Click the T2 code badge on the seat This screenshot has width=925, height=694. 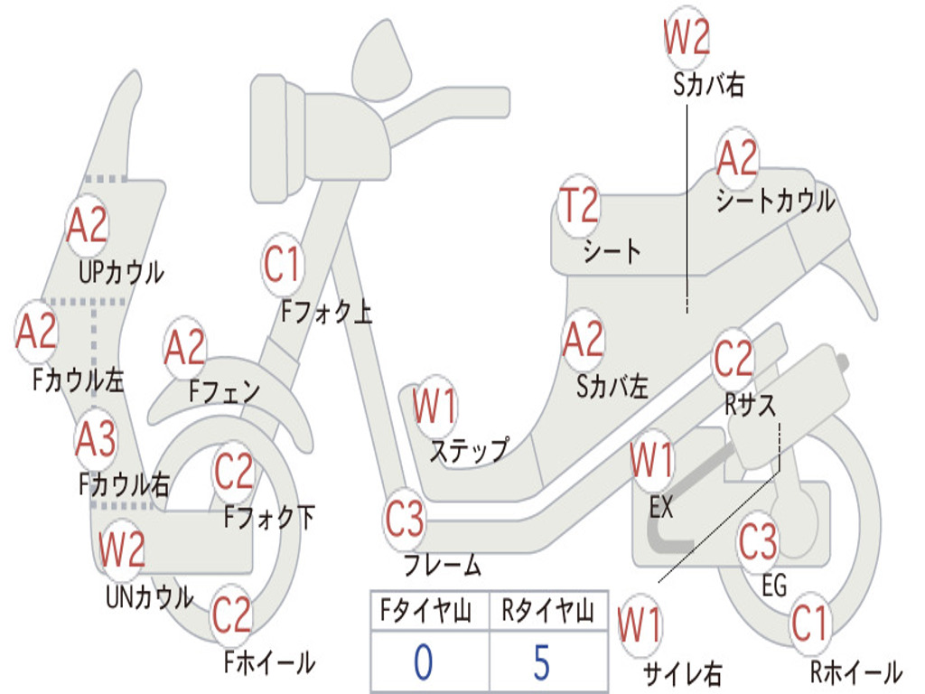click(x=579, y=205)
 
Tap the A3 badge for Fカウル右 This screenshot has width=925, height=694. click(x=96, y=439)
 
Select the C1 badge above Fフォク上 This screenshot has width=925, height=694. click(x=283, y=265)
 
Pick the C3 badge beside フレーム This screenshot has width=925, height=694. click(x=405, y=519)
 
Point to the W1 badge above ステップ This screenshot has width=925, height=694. click(x=434, y=407)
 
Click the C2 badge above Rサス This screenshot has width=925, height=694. click(x=733, y=358)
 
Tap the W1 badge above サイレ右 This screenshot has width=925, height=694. click(x=640, y=625)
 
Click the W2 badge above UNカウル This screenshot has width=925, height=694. click(x=122, y=549)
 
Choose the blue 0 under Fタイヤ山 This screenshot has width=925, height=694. click(x=424, y=661)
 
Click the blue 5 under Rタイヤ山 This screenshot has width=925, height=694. click(x=542, y=661)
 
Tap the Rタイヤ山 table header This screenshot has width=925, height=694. click(x=547, y=611)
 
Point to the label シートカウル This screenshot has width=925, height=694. click(x=776, y=201)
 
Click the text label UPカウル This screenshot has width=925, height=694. click(x=122, y=273)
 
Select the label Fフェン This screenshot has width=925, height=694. click(x=224, y=390)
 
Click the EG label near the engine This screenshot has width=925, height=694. click(x=774, y=586)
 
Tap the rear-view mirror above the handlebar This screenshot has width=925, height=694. click(x=381, y=59)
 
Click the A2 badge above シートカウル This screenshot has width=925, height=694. click(x=737, y=157)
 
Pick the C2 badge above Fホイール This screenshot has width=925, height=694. click(x=232, y=614)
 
